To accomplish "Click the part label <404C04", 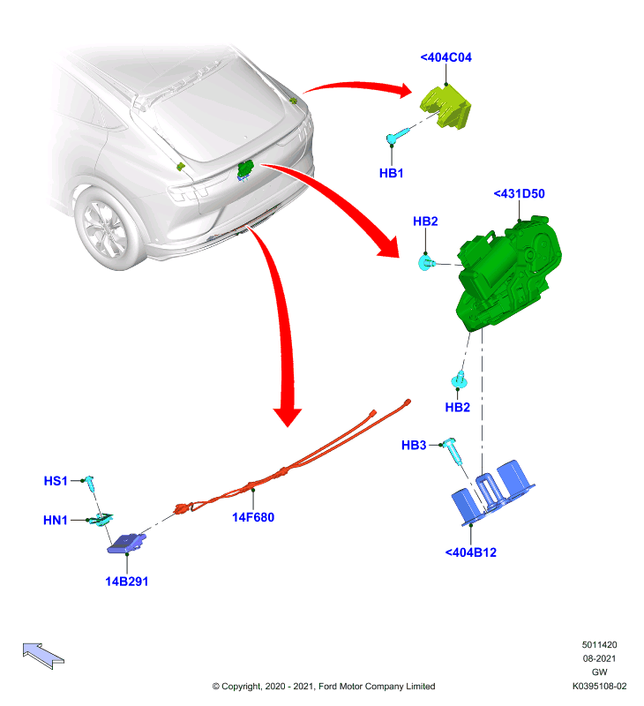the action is [x=446, y=57].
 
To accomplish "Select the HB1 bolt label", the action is [x=391, y=173].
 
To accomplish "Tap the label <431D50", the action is [x=519, y=193].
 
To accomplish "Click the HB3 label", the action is [x=414, y=446].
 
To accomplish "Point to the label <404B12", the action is [x=471, y=552].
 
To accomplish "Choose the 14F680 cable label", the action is [x=253, y=517].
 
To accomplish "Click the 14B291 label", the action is [x=126, y=582].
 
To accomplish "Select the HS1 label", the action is [x=56, y=481].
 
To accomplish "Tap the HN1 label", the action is [x=55, y=521].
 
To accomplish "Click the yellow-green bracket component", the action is [x=446, y=107].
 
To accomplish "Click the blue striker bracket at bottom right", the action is [x=493, y=493].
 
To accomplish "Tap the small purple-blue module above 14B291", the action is [x=126, y=543].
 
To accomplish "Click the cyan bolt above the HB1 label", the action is [x=398, y=135].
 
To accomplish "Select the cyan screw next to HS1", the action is [x=90, y=484].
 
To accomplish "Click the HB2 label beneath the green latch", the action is [x=457, y=408].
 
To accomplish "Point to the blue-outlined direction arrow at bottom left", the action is [x=42, y=655].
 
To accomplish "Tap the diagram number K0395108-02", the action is [x=599, y=687].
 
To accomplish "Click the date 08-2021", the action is [x=599, y=658].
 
